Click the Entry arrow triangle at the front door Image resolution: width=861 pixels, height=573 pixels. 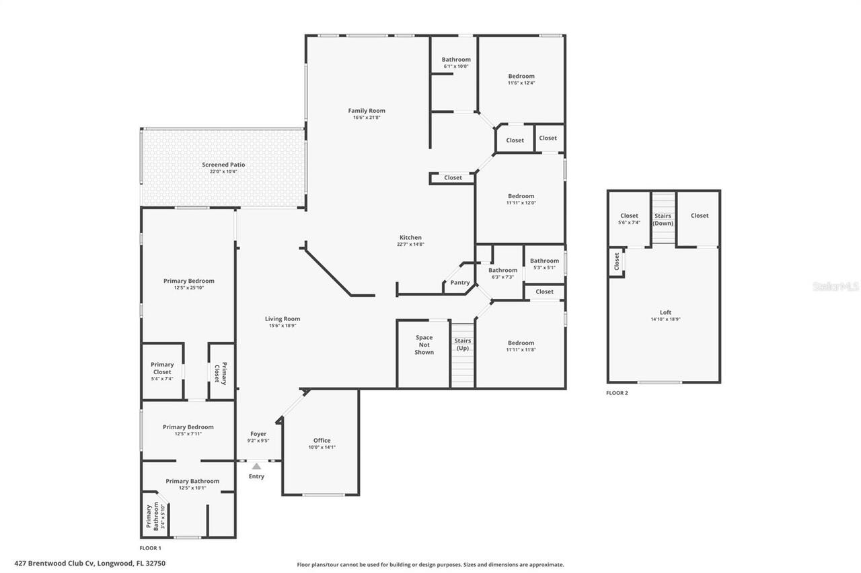coord(256,466)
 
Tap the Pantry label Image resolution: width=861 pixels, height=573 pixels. coord(460,283)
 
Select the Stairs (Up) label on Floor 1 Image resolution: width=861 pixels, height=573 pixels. coord(463,344)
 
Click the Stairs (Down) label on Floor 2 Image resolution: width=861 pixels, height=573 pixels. coord(663,220)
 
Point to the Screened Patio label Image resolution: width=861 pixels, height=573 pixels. coord(223,165)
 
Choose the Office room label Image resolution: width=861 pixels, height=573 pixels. coord(322,441)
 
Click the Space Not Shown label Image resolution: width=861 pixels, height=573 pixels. coord(424,345)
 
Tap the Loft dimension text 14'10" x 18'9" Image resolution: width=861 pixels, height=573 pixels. coord(665,320)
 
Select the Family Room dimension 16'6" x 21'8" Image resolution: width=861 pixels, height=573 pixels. coord(367,118)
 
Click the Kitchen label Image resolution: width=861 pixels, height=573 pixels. coord(410,237)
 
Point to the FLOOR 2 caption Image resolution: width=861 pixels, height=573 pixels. coord(617,393)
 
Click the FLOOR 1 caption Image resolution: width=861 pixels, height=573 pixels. coord(150,548)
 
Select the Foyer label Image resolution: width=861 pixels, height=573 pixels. coord(258,434)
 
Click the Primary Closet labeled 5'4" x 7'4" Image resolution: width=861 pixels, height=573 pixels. coord(162,371)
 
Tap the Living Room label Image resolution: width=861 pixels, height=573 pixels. coord(283,319)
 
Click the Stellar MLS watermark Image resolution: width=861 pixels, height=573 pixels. coord(835,287)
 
